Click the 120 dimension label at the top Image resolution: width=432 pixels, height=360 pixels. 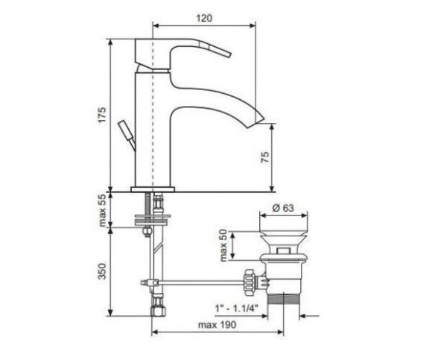tap(204, 18)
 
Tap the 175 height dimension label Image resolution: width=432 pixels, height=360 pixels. tap(102, 115)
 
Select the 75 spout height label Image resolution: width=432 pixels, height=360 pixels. tap(264, 157)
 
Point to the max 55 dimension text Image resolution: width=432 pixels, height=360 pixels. tap(102, 211)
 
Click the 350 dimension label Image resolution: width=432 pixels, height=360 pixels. tap(102, 271)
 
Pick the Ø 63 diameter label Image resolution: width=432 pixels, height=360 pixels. tap(283, 207)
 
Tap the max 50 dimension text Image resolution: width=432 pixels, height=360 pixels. tap(223, 245)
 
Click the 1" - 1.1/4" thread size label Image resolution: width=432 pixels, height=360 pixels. tap(236, 308)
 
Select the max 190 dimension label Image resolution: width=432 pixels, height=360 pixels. tap(217, 325)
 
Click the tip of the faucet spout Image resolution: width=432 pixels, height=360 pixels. tap(263, 119)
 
